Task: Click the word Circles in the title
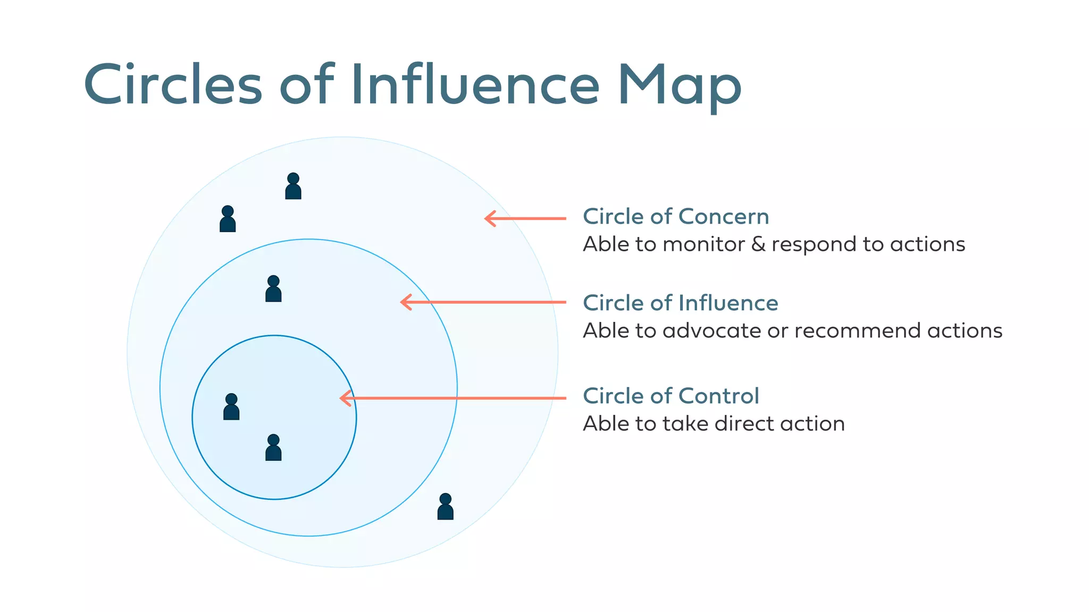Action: tap(173, 85)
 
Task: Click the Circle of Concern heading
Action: tap(676, 217)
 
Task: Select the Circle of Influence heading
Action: tap(680, 303)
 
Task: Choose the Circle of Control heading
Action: tap(671, 396)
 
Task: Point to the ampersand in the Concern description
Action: tap(758, 244)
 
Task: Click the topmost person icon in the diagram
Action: tap(293, 186)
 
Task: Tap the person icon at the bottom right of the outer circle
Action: tap(445, 507)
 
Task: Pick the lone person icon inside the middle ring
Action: tap(273, 289)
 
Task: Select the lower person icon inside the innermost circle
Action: tap(273, 448)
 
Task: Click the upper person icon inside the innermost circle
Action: tap(231, 407)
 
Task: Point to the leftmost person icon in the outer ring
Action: tap(228, 219)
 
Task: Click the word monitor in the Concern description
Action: tap(703, 244)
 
